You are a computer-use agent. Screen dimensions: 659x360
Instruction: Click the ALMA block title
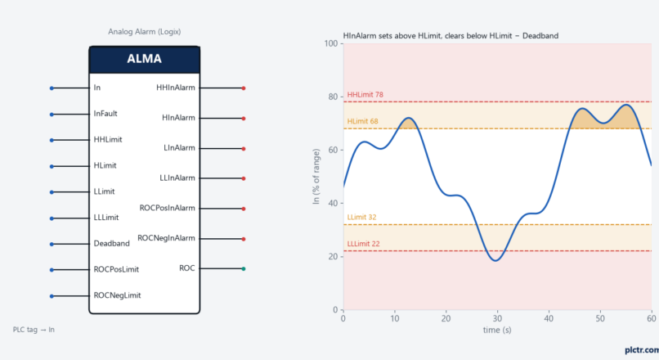click(x=144, y=58)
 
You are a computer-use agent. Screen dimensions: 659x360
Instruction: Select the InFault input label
click(x=105, y=114)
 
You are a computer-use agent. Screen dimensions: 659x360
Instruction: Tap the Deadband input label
click(x=111, y=244)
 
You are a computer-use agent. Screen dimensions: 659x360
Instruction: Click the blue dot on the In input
click(x=52, y=88)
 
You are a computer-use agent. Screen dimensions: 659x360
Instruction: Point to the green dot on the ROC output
click(x=244, y=268)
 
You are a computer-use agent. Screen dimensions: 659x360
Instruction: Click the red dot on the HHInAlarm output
click(x=244, y=88)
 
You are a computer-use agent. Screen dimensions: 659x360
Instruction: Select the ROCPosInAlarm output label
click(x=168, y=208)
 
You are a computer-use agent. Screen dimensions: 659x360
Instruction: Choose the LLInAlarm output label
click(x=177, y=178)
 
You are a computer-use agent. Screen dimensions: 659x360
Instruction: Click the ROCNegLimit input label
click(x=117, y=295)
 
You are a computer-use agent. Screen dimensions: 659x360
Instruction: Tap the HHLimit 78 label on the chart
click(x=365, y=95)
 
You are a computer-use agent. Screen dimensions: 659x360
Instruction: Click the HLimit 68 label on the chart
click(x=363, y=121)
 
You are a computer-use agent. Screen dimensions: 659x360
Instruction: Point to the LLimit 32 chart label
click(x=362, y=217)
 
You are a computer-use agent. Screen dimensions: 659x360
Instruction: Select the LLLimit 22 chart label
click(x=364, y=244)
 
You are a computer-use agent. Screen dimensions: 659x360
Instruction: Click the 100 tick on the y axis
click(x=331, y=43)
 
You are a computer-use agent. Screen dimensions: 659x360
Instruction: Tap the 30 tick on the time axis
click(x=497, y=318)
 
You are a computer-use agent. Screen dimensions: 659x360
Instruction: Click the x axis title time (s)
click(x=497, y=330)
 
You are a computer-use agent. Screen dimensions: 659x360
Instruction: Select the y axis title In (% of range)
click(x=316, y=177)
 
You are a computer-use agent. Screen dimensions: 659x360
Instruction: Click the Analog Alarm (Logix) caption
click(x=144, y=32)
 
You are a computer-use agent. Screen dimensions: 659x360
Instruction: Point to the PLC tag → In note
click(x=34, y=329)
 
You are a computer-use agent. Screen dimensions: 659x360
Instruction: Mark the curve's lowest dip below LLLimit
click(x=496, y=261)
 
